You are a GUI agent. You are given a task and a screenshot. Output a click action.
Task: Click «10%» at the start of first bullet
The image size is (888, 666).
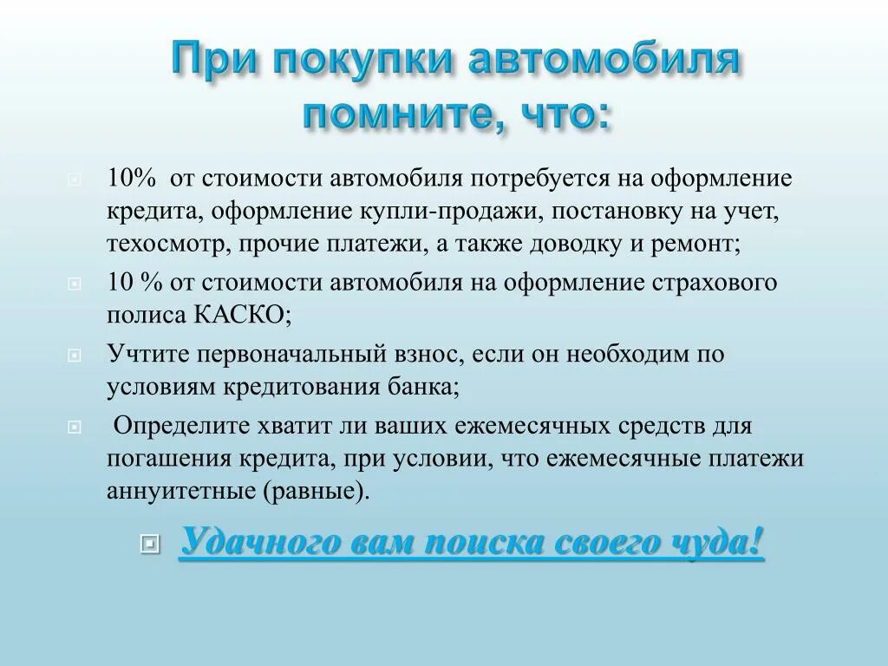(132, 179)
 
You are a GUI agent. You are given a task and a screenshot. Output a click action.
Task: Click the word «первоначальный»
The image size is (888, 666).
(292, 354)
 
